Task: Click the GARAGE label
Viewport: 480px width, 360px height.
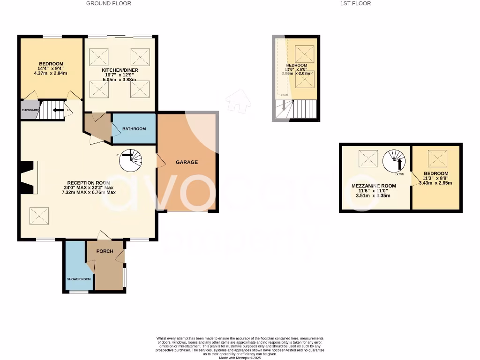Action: click(x=187, y=162)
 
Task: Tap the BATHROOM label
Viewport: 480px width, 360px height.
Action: click(x=134, y=129)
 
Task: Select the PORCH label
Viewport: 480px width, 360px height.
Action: click(x=105, y=251)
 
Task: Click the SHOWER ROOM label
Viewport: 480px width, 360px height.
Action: click(x=79, y=279)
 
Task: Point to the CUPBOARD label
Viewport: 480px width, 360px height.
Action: click(x=30, y=110)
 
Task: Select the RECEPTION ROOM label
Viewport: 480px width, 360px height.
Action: click(x=89, y=183)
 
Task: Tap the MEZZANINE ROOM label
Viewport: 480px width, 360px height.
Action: click(x=374, y=186)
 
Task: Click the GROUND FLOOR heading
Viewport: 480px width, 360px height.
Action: click(x=109, y=3)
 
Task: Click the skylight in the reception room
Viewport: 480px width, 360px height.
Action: click(x=39, y=216)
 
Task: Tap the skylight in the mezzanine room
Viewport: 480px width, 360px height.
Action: click(x=368, y=158)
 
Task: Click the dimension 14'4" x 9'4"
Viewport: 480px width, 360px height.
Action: click(x=51, y=68)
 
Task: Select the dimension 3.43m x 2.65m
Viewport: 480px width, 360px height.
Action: click(x=436, y=183)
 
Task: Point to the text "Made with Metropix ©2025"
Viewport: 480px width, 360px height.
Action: click(x=240, y=358)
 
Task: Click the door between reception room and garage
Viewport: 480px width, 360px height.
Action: click(x=160, y=162)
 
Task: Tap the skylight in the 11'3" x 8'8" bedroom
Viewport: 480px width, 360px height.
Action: click(x=437, y=158)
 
